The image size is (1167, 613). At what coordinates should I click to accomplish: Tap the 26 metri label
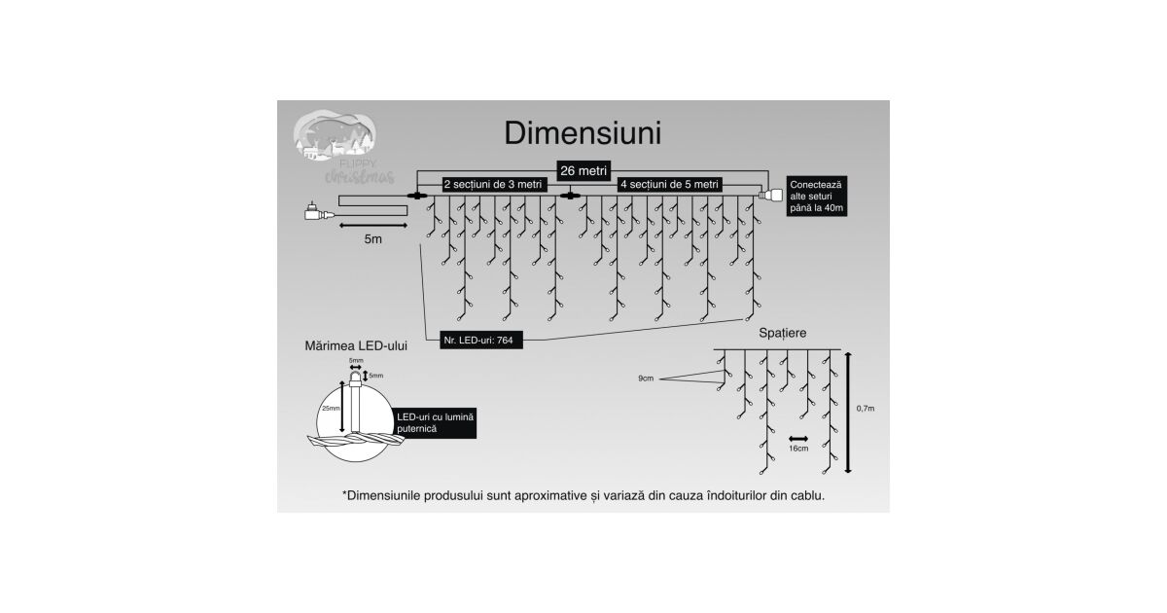pos(583,169)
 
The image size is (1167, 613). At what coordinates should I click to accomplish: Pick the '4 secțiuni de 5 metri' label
pos(671,184)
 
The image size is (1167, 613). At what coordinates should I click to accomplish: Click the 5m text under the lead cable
pos(372,238)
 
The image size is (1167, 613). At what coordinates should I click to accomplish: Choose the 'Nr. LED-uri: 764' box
pos(480,342)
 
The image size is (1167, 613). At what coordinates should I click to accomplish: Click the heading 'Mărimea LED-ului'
pos(356,344)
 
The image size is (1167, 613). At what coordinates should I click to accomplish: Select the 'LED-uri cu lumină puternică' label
pos(436,422)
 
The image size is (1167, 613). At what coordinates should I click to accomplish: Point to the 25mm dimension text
pos(334,408)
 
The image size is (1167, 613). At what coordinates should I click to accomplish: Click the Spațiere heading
pos(782,334)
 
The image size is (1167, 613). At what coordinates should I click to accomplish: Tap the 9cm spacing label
pos(647,377)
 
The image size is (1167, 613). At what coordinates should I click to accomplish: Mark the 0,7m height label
pos(866,410)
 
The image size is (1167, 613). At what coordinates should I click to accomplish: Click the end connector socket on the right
pos(775,198)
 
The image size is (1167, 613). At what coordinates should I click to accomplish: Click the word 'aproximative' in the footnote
pos(552,495)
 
